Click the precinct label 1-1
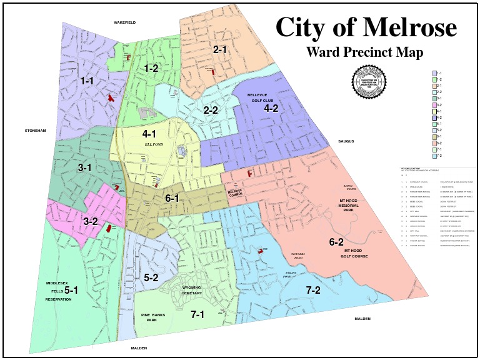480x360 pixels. pyautogui.click(x=86, y=81)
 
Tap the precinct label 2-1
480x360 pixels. pyautogui.click(x=220, y=49)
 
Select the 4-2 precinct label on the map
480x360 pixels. pyautogui.click(x=271, y=108)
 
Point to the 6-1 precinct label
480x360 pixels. pyautogui.click(x=172, y=199)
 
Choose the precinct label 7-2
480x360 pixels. pyautogui.click(x=313, y=290)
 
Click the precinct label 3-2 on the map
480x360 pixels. pyautogui.click(x=91, y=221)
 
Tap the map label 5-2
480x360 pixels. pyautogui.click(x=151, y=277)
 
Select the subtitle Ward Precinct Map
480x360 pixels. pyautogui.click(x=364, y=52)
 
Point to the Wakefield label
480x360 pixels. pyautogui.click(x=124, y=22)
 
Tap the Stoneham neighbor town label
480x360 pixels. pyautogui.click(x=36, y=131)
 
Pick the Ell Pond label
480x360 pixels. pyautogui.click(x=153, y=144)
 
